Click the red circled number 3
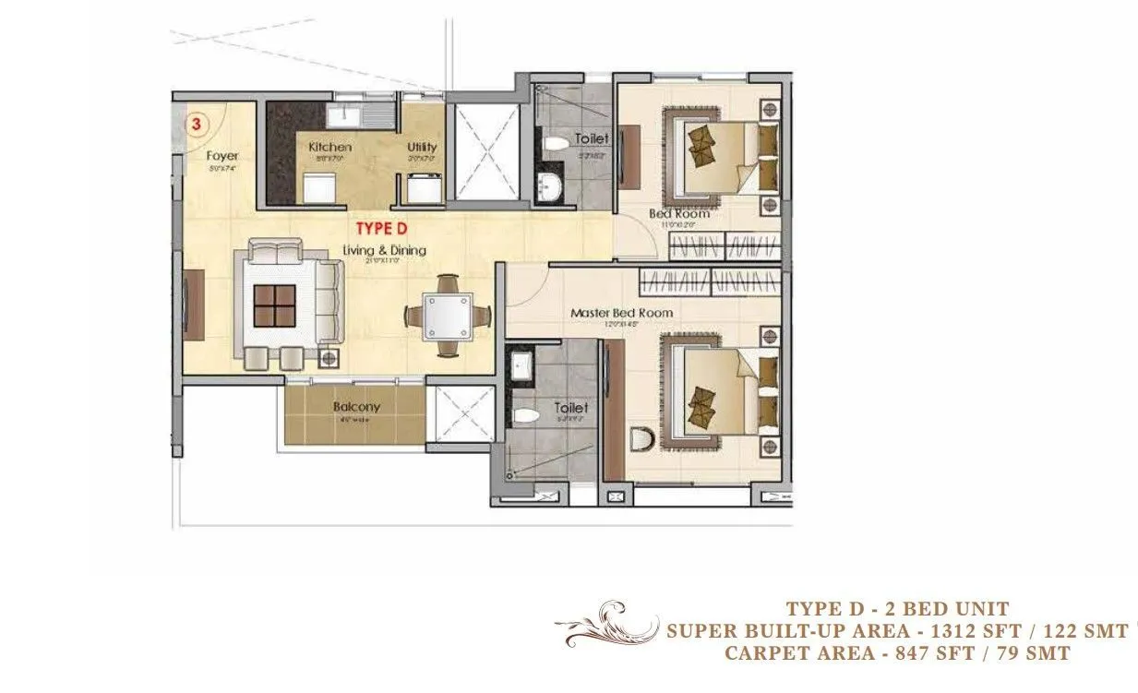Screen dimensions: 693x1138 [x=196, y=124]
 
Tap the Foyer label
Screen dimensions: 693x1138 [x=222, y=156]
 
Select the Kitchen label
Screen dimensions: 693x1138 [x=329, y=147]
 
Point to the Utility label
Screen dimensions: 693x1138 [x=422, y=147]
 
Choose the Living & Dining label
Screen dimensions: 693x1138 [x=384, y=250]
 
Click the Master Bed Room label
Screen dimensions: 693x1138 [x=621, y=313]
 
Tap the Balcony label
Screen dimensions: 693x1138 [x=356, y=407]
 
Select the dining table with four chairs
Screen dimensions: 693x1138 [x=447, y=315]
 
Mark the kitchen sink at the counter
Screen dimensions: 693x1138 [x=348, y=115]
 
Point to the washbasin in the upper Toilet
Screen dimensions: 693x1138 [x=550, y=185]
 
